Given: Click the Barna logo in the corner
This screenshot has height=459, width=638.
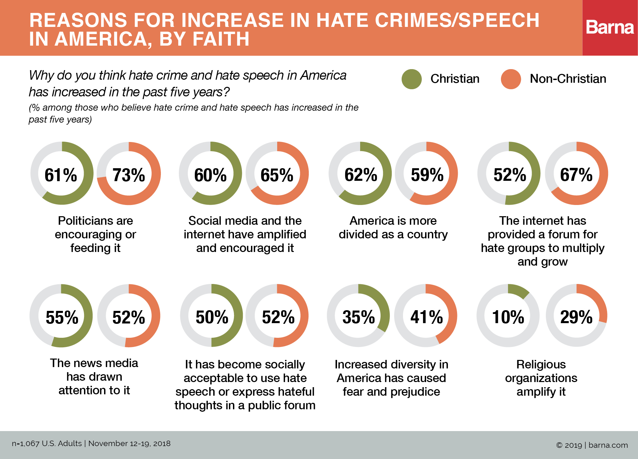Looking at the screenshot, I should click(x=610, y=28).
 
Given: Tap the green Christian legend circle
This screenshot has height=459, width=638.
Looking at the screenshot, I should click(x=412, y=79).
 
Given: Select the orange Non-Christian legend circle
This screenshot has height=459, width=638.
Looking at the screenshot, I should click(x=511, y=79).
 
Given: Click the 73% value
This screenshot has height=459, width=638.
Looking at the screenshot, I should click(x=129, y=175).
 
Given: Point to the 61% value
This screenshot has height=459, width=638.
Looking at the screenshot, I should click(x=61, y=175).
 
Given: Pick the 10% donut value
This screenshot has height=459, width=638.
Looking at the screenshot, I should click(x=508, y=317).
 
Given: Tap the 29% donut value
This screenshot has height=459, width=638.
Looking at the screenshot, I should click(x=576, y=317).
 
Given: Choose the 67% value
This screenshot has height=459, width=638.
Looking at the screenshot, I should click(x=576, y=175).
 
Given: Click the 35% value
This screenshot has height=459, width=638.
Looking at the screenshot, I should click(x=358, y=317).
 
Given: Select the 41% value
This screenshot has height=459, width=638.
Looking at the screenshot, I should click(x=426, y=317).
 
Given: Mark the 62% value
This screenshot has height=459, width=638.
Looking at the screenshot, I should click(x=360, y=175).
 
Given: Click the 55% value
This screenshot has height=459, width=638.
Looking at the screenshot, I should click(x=62, y=317).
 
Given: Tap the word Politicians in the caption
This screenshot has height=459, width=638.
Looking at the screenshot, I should click(x=80, y=221).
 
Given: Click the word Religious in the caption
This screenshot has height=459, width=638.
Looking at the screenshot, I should click(x=541, y=364).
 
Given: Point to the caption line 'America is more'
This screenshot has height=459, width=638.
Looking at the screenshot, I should click(x=393, y=221).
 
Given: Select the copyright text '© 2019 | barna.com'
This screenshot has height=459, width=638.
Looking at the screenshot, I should click(x=592, y=445).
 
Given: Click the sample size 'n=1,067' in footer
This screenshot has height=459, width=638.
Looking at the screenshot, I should click(x=26, y=443).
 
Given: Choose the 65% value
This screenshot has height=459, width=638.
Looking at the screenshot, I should click(x=277, y=175).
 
